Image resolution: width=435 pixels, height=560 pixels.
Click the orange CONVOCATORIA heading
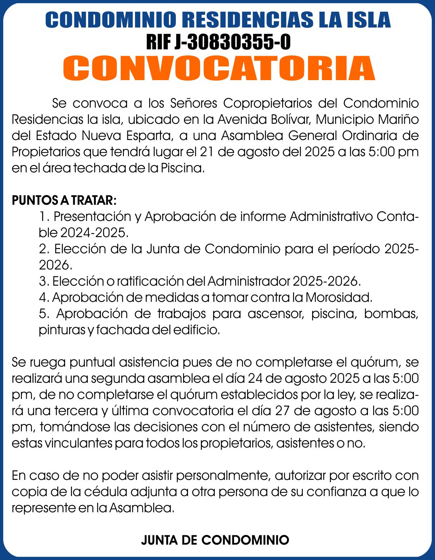219,68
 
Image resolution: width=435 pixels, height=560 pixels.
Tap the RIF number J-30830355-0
218,41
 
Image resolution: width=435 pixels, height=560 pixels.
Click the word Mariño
398,119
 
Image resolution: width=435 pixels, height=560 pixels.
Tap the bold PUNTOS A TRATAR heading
64,200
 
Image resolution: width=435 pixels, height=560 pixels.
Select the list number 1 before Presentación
44,216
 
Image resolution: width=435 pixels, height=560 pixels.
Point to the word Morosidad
338,297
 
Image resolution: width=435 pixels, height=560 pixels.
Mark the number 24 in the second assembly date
256,378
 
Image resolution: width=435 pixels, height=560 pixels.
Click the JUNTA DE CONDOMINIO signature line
215,540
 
